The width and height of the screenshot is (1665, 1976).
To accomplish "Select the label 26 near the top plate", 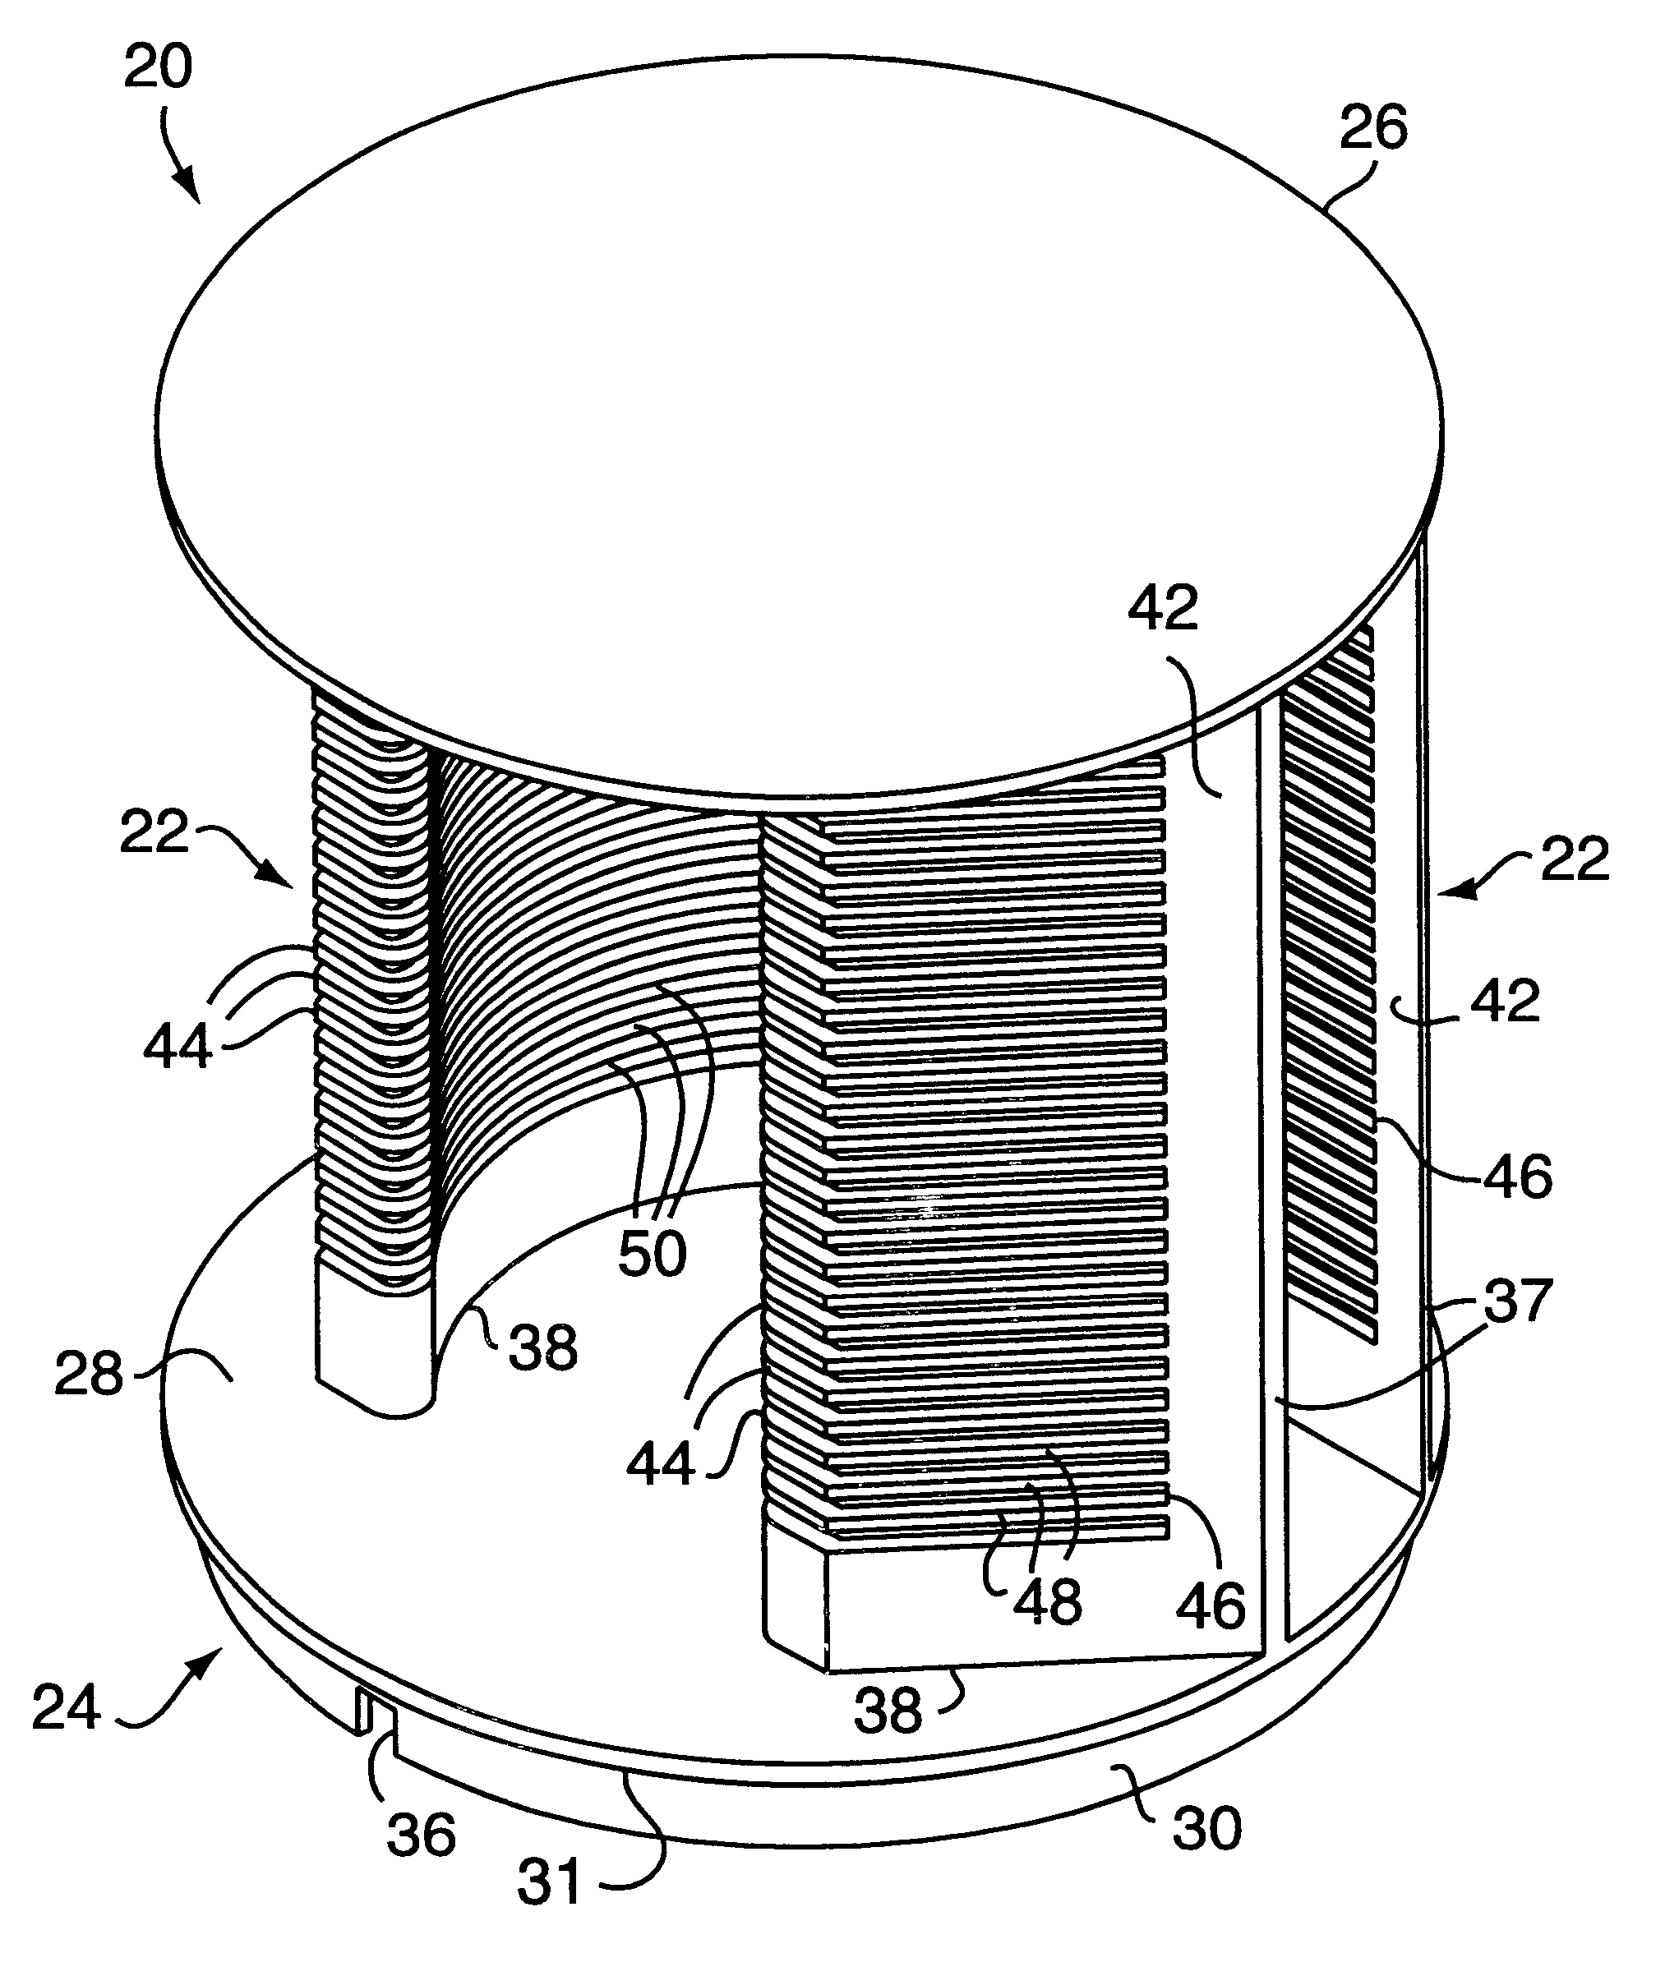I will tap(1373, 127).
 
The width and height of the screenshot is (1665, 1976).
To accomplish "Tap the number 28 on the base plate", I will tap(89, 1375).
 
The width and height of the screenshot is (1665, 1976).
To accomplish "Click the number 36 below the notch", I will tap(421, 1836).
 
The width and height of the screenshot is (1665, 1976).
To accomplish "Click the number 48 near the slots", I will tap(1048, 1601).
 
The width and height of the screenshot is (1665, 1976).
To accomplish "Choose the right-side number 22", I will tap(1575, 860).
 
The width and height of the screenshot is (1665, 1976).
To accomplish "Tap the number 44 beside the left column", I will tap(178, 1048).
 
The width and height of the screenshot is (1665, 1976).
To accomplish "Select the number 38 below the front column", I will tap(888, 1711).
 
